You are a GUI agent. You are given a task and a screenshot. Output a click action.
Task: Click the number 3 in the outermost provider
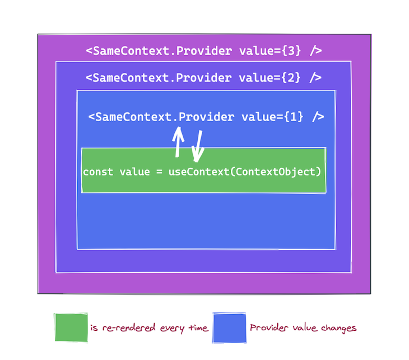pos(291,50)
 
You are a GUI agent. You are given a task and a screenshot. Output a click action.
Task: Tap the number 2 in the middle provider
pos(291,78)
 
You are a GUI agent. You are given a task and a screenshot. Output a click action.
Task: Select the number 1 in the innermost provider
pos(294,117)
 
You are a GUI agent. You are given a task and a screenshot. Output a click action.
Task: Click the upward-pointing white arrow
pos(178,142)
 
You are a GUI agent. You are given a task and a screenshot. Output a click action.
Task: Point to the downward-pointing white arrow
pos(198,146)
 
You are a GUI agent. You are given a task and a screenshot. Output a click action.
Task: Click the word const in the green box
pos(98,172)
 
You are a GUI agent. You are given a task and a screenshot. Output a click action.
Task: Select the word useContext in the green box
pos(199,172)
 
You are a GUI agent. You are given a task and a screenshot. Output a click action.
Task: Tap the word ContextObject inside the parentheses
pos(276,172)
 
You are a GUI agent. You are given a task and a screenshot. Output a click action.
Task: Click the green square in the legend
pos(71,327)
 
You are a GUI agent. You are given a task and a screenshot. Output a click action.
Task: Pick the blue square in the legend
pos(229,327)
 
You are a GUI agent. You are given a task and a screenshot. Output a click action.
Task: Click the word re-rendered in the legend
pos(129,327)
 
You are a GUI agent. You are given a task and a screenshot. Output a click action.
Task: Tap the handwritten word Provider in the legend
pos(269,327)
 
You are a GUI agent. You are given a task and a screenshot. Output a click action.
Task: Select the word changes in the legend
pos(338,329)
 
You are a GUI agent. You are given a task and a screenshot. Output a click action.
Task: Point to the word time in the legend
pos(198,327)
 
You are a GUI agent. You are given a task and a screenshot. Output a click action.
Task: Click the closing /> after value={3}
pos(316,50)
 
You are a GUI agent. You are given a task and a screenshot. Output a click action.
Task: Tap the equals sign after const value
pos(159,172)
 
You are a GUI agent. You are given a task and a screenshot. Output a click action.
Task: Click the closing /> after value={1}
pos(318,117)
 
